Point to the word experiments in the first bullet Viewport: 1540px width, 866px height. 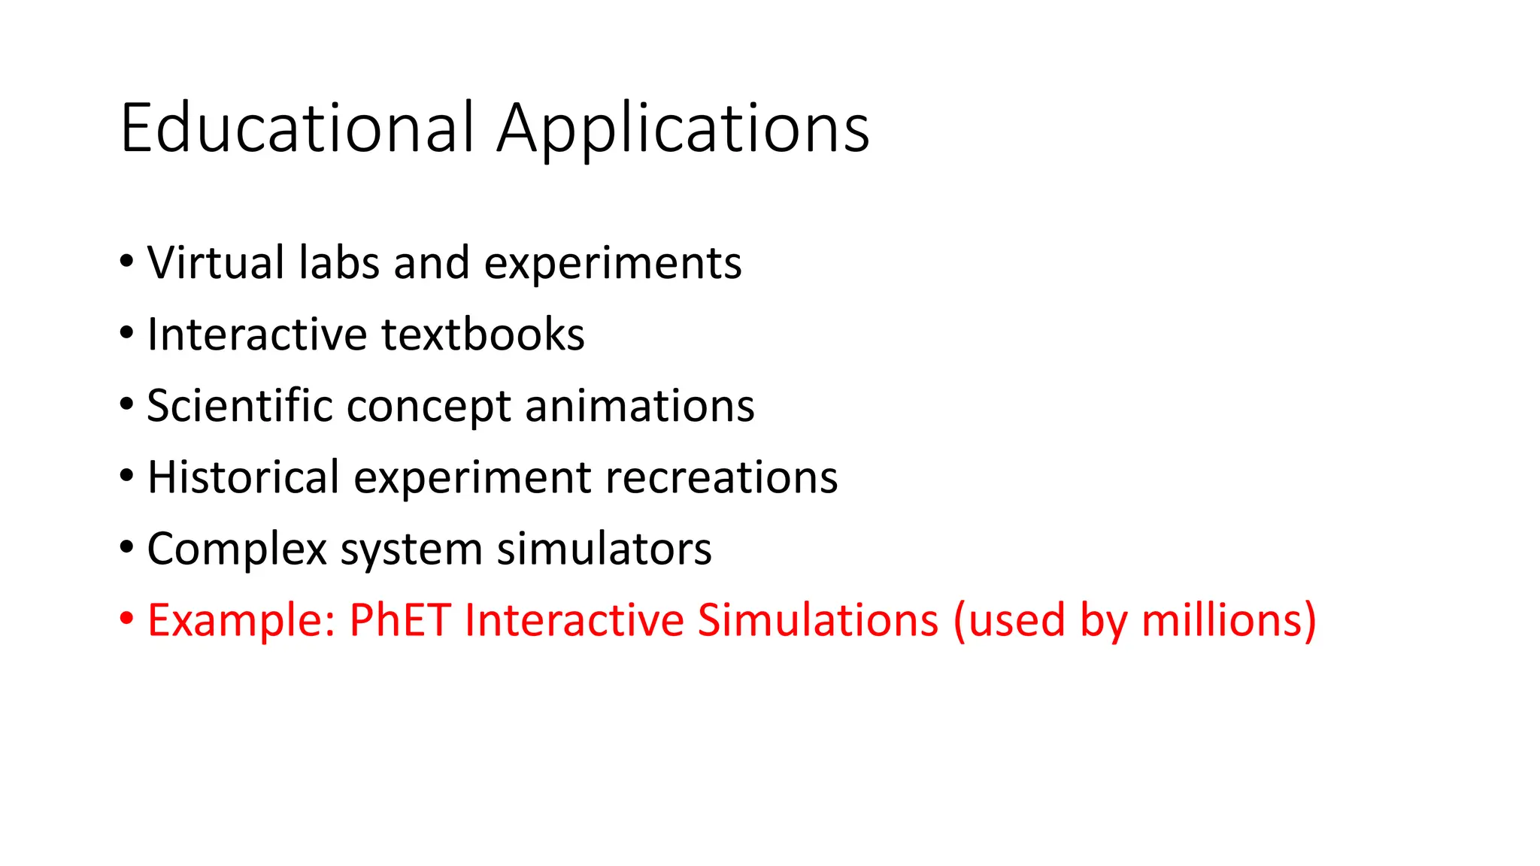point(613,265)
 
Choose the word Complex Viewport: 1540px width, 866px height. point(237,550)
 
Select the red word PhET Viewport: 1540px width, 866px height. point(400,620)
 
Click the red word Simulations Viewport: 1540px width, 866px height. point(818,620)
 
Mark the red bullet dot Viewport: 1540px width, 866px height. point(126,618)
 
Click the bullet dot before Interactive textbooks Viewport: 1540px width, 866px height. point(126,332)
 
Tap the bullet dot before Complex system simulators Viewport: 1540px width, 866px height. point(126,547)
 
